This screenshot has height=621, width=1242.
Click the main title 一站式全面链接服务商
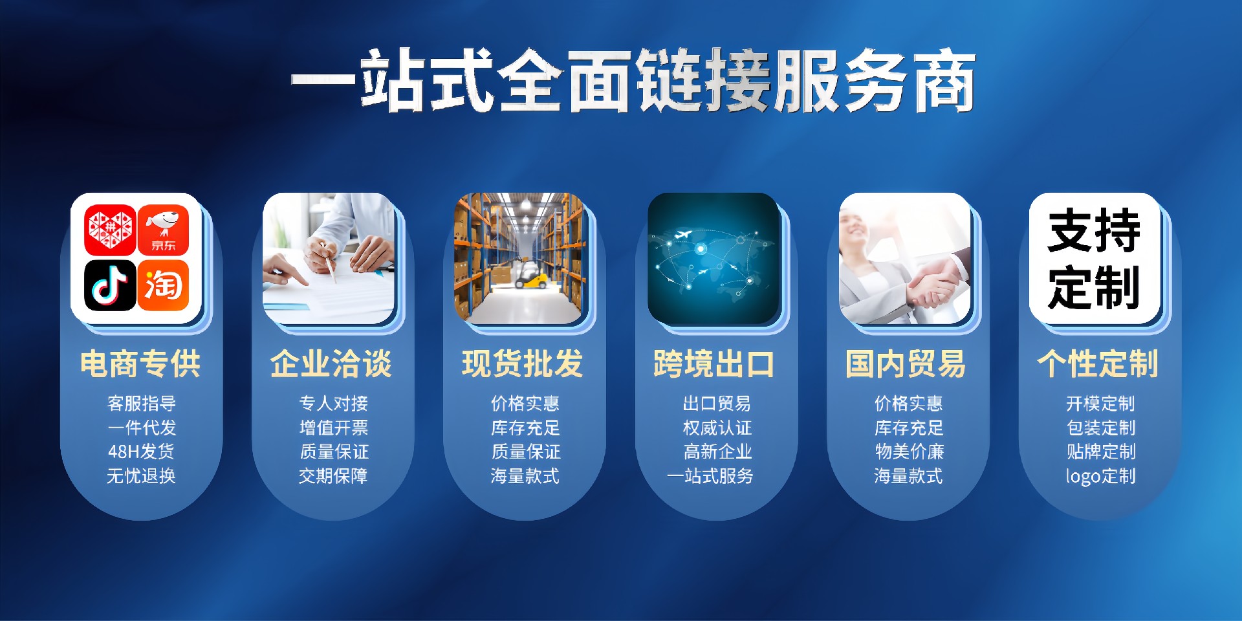point(633,81)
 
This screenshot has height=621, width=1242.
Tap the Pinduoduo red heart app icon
point(110,230)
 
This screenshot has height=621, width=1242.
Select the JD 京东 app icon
point(163,230)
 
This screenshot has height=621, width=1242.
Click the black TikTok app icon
point(110,285)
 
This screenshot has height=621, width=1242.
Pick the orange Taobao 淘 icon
point(163,285)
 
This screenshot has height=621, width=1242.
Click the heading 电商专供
point(140,364)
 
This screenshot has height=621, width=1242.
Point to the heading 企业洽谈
point(331,364)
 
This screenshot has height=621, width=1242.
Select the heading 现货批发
point(523,364)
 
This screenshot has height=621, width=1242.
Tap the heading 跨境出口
point(714,364)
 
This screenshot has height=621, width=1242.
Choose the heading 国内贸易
point(906,364)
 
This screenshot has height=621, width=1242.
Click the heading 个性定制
point(1098,364)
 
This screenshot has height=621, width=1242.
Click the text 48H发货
point(141,452)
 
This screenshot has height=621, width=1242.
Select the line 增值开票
point(333,428)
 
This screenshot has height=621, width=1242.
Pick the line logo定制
point(1100,476)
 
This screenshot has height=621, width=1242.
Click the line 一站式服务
point(710,476)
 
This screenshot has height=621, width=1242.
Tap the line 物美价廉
point(909,452)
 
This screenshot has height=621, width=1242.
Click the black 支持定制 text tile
point(1094,259)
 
